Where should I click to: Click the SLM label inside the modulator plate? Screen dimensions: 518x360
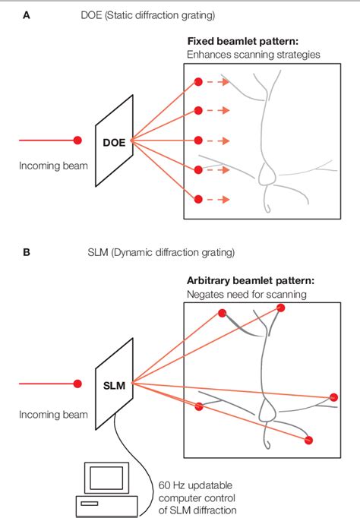[x=114, y=385]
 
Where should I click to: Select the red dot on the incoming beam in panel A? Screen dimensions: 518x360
[x=77, y=141]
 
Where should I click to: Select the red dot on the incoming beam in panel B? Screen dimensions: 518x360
[x=77, y=384]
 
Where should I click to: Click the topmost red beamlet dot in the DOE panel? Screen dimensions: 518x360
[x=198, y=81]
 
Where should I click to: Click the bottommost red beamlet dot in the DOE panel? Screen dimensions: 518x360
[x=198, y=200]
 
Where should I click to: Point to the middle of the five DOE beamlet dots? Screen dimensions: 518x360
[x=198, y=141]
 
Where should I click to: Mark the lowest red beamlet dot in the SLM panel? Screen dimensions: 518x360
[x=308, y=440]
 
